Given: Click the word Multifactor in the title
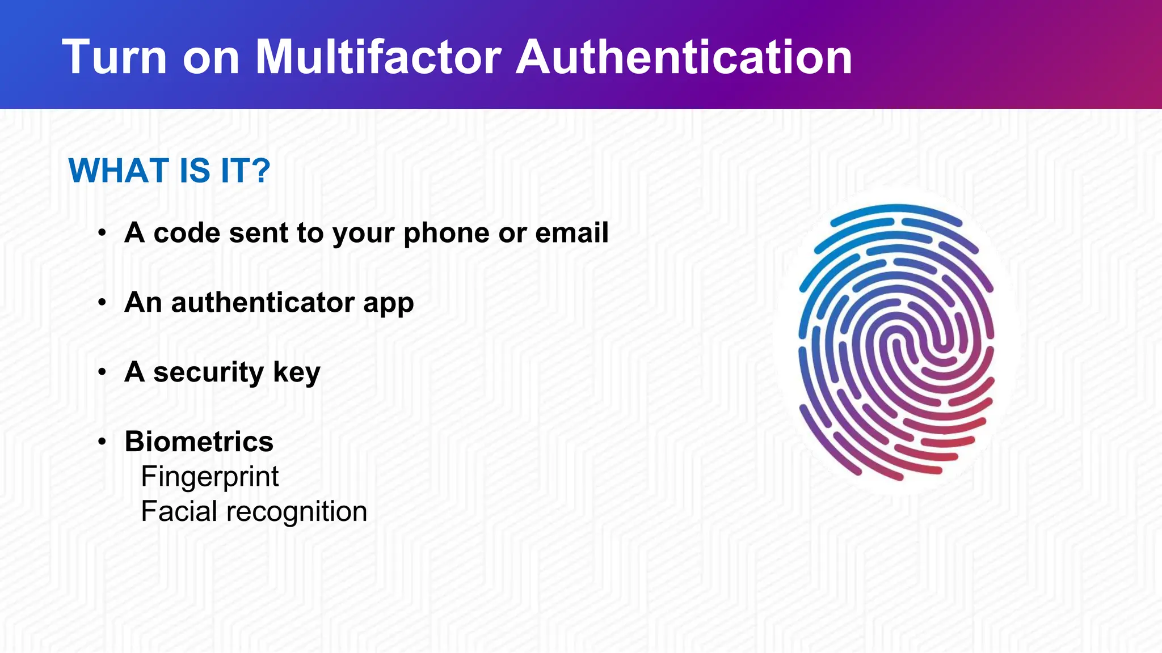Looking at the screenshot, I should pyautogui.click(x=378, y=57).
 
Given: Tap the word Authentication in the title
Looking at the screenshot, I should pyautogui.click(x=684, y=57).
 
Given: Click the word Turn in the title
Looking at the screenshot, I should pyautogui.click(x=115, y=57).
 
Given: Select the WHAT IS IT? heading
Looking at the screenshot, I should pyautogui.click(x=169, y=170).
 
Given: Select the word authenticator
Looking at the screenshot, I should pyautogui.click(x=263, y=302).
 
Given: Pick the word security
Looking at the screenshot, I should pyautogui.click(x=208, y=372).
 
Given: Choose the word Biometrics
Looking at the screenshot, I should pyautogui.click(x=199, y=442).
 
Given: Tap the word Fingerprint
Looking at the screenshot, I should pyautogui.click(x=209, y=477).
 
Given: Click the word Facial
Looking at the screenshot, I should pyautogui.click(x=179, y=511).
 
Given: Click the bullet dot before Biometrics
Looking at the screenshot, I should pyautogui.click(x=102, y=442).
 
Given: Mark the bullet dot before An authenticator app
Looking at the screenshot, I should pyautogui.click(x=102, y=303).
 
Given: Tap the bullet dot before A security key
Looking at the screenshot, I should pyautogui.click(x=102, y=372).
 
